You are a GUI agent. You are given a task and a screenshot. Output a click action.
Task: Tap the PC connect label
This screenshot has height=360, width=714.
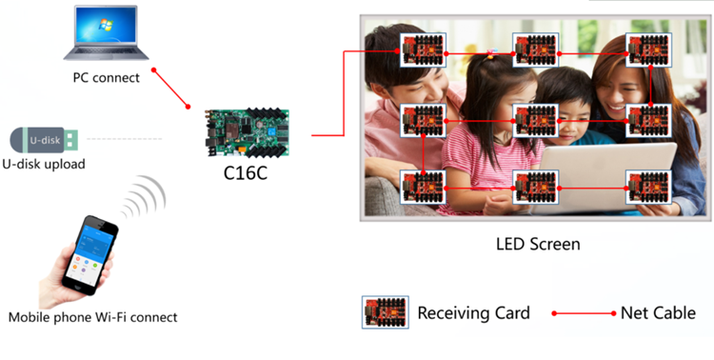coord(106,77)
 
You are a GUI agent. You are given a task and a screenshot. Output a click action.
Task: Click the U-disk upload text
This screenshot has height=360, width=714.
coord(43,164)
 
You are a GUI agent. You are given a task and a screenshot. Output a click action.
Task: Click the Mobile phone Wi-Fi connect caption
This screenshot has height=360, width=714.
coord(92,317)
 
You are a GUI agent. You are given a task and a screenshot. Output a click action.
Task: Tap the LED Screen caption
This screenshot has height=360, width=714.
coord(538,244)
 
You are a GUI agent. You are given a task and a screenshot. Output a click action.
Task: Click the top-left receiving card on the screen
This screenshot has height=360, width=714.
coord(423,50)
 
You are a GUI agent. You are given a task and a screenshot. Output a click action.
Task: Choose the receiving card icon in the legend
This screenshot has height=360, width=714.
coord(386,312)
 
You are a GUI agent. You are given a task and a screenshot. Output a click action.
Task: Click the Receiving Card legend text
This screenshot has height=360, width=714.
coord(473,312)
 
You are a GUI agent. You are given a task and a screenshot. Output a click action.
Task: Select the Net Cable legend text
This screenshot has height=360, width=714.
coord(658,312)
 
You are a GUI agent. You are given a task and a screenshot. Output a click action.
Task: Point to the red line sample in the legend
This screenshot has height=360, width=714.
coord(584,312)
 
